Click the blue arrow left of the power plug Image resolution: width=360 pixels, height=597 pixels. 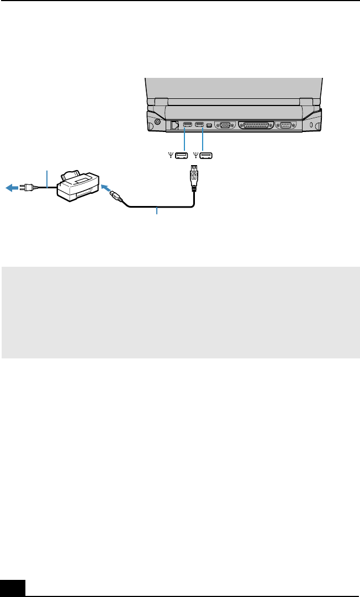pyautogui.click(x=10, y=187)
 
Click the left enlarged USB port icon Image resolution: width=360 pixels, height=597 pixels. pyautogui.click(x=182, y=156)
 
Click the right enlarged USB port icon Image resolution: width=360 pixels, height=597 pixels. pyautogui.click(x=207, y=156)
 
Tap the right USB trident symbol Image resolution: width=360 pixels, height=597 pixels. pyautogui.click(x=195, y=156)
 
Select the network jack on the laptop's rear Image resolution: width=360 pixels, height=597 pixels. pyautogui.click(x=175, y=125)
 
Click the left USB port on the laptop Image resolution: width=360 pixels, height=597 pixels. pyautogui.click(x=187, y=124)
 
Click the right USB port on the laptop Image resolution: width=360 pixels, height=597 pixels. pyautogui.click(x=199, y=124)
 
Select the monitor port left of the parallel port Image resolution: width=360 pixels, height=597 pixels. pyautogui.click(x=225, y=125)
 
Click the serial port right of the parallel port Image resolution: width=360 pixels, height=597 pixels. pyautogui.click(x=287, y=125)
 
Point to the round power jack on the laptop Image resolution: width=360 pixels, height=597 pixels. pyautogui.click(x=158, y=123)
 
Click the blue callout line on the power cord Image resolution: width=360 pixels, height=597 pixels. pyautogui.click(x=47, y=178)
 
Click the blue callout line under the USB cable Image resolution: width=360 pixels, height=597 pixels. pyautogui.click(x=158, y=212)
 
